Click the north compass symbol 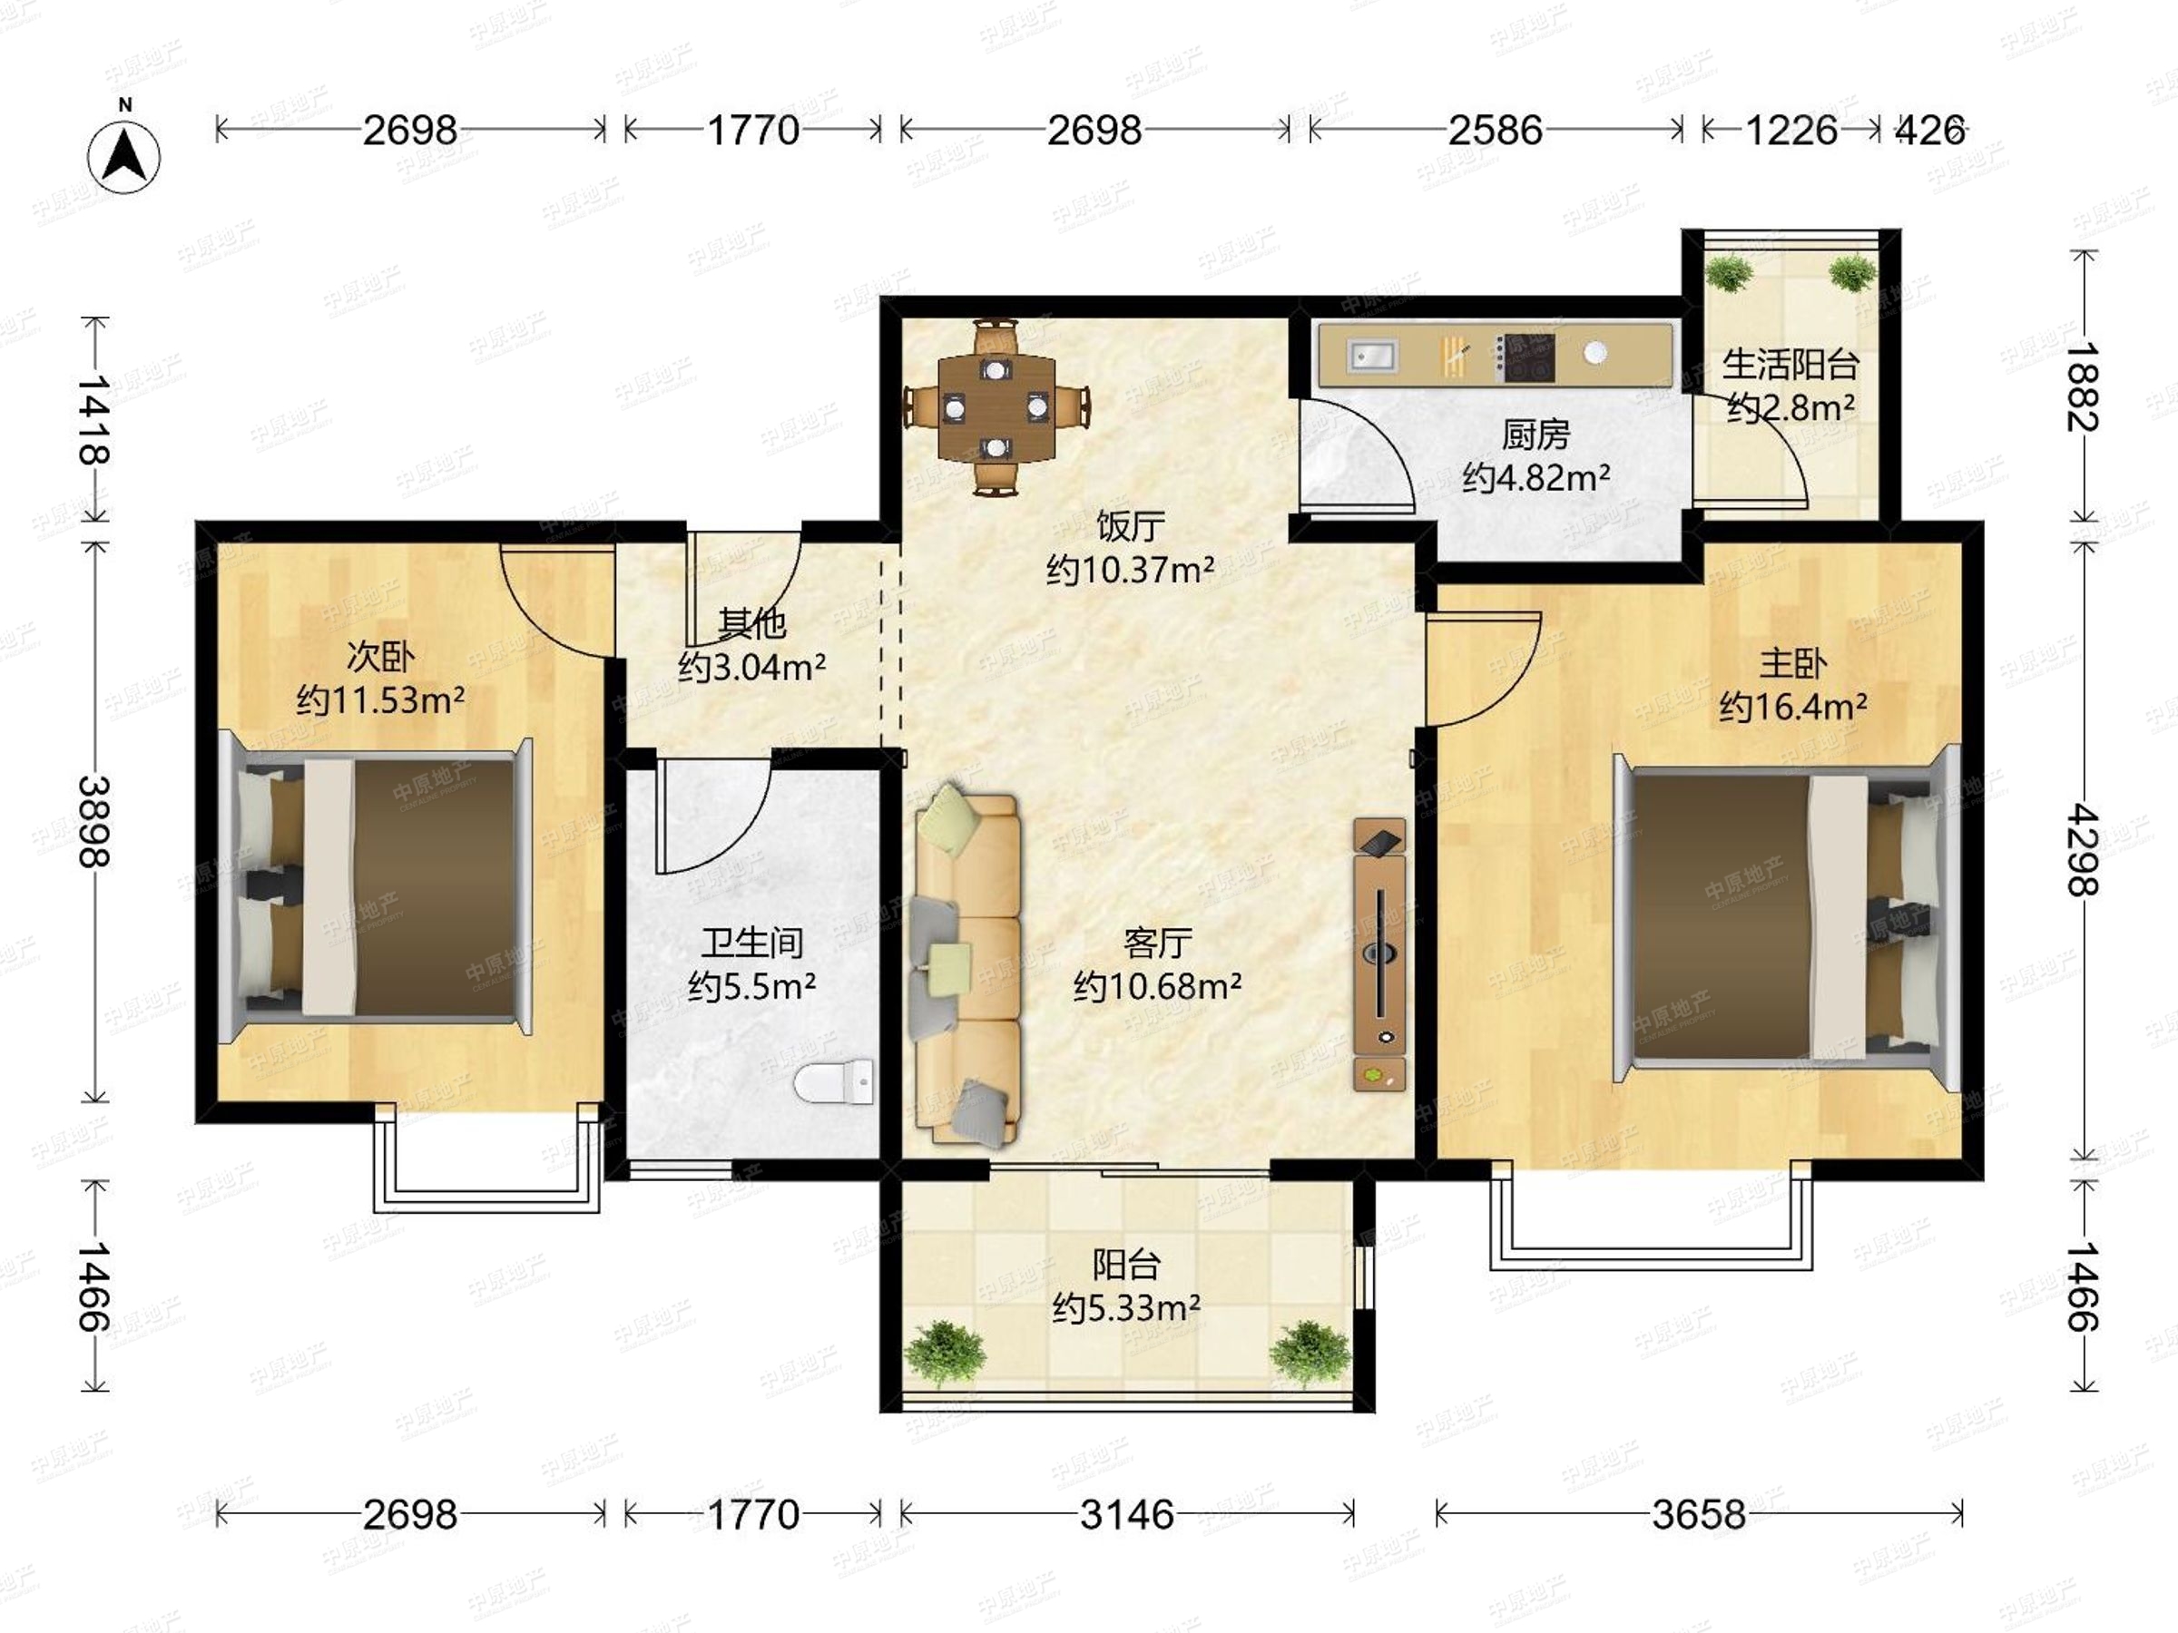124,153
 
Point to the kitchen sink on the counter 1371,356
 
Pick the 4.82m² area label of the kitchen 1536,478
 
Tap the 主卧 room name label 1793,663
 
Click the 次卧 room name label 380,657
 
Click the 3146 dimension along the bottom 1126,1515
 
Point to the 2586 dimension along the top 1495,130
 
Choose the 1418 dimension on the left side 94,419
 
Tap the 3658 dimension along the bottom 1699,1515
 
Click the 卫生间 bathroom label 752,943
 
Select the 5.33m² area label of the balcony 1126,1308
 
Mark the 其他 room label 751,624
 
